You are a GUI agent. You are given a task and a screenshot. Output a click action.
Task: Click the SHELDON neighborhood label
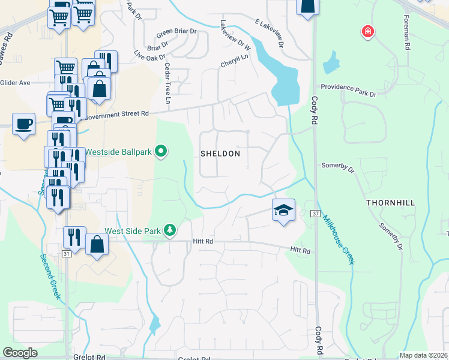(x=220, y=154)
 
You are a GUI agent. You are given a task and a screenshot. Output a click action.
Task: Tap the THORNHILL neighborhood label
(x=390, y=203)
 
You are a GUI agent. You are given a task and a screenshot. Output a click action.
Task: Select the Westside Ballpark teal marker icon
(x=160, y=151)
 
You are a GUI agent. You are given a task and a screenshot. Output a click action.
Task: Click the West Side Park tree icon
(x=170, y=230)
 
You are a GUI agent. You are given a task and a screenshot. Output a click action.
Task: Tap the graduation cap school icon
(x=283, y=210)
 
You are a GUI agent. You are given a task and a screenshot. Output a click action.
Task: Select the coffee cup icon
(x=23, y=124)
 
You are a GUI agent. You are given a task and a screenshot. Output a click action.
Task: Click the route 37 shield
(x=315, y=214)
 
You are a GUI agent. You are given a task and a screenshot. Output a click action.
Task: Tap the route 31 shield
(x=67, y=254)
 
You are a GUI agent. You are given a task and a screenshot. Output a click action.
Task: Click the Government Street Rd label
(x=118, y=113)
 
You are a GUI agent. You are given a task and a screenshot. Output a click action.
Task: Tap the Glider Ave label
(x=16, y=83)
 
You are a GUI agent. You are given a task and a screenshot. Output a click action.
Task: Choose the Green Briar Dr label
(x=176, y=31)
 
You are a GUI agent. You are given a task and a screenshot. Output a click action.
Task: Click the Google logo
(x=20, y=353)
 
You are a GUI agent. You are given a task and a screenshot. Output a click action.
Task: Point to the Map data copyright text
(x=423, y=355)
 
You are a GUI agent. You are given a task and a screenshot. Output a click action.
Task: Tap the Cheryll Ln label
(x=234, y=61)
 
